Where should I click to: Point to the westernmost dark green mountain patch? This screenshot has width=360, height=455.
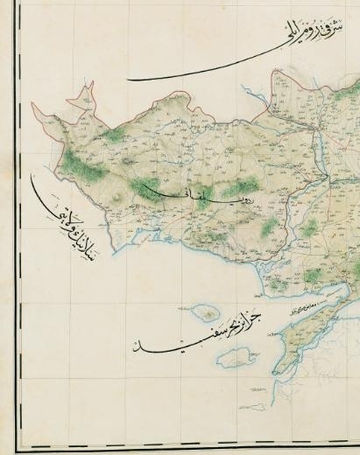pos(83,162)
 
